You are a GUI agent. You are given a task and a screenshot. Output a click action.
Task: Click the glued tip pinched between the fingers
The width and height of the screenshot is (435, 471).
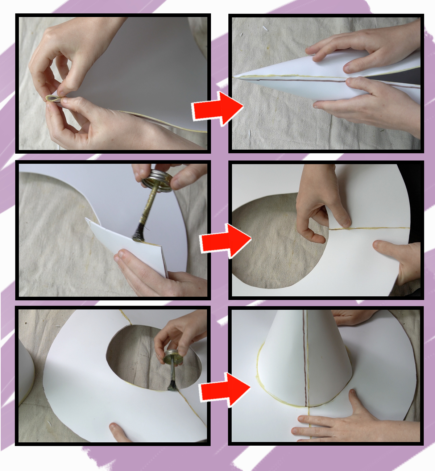pyautogui.click(x=53, y=99)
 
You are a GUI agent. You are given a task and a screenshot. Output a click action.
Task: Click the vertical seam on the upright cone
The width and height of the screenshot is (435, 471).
pyautogui.click(x=307, y=359)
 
